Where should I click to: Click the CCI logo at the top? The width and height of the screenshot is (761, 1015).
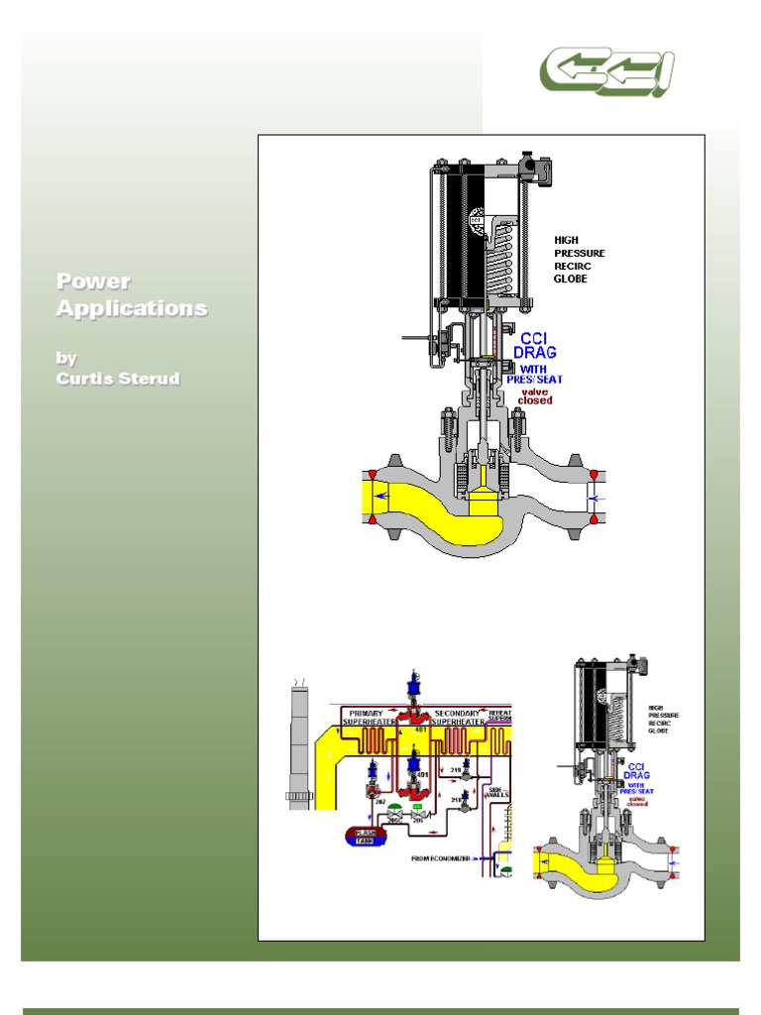(606, 71)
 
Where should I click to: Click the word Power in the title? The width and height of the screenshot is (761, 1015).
(93, 282)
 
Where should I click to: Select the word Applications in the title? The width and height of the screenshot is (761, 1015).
(132, 308)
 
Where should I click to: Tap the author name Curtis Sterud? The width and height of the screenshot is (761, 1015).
(118, 379)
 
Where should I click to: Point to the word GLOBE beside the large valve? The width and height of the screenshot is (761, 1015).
(571, 280)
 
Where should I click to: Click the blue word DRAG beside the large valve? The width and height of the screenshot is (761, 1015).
(535, 352)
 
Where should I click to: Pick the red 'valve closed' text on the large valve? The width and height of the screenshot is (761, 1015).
(535, 396)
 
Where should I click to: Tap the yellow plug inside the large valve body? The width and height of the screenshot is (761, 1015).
(485, 500)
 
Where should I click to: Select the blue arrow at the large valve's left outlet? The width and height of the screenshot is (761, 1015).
(381, 498)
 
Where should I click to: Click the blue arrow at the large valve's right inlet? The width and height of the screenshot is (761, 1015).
(595, 498)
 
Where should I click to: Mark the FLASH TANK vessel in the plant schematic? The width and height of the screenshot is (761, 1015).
(367, 836)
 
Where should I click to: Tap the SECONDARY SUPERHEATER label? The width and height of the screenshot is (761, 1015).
(458, 718)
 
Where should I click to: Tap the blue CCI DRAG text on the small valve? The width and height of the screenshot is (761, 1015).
(636, 771)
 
